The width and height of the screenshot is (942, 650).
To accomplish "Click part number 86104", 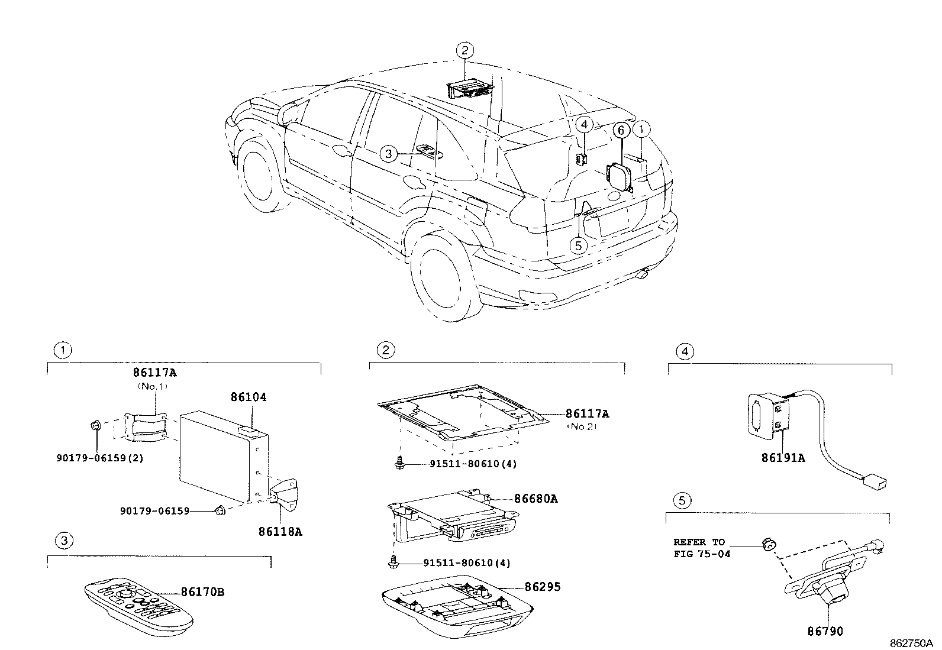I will pos(249,397).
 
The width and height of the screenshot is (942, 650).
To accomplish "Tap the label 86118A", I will pos(280,532).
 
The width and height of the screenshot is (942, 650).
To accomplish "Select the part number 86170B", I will pos(202,592).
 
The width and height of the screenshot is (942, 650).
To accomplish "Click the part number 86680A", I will pos(535,499).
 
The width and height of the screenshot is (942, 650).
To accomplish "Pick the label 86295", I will pos(542,587).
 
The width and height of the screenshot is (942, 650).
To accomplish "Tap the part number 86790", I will pos(825,632).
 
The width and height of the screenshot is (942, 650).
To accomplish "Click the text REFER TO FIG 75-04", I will pos(702,548).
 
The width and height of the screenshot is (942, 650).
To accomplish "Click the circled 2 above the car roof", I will pos(465,50).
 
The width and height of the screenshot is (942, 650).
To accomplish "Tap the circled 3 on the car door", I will pos(388,154).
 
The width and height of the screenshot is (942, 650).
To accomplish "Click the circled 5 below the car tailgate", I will pos(579,244).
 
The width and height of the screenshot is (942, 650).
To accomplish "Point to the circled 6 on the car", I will pos(621,130).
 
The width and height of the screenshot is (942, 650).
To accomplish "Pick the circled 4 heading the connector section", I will pos(685,351).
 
